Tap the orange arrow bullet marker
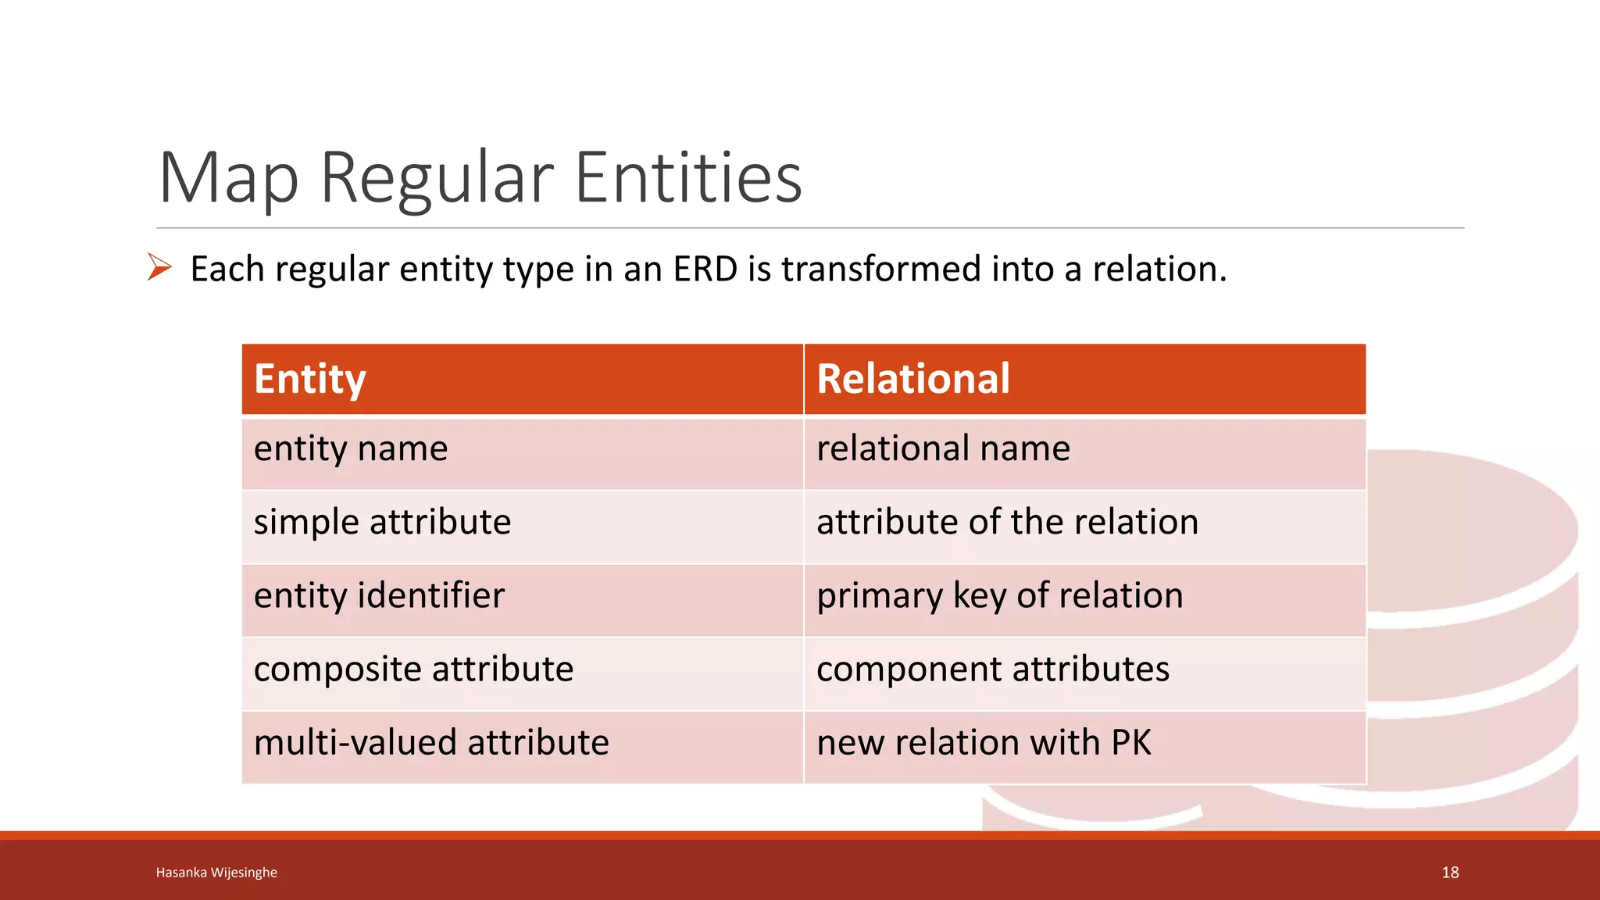[x=159, y=267]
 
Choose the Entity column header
[x=310, y=380]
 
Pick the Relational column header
[x=912, y=380]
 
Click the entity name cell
[x=351, y=449]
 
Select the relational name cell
[x=943, y=449]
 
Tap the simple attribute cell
[x=382, y=523]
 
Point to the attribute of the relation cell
[x=1007, y=523]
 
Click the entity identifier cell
[x=379, y=596]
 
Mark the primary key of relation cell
[x=999, y=596]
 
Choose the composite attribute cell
[x=413, y=670]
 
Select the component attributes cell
[x=992, y=670]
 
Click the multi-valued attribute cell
[x=431, y=743]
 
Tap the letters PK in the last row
[x=1130, y=743]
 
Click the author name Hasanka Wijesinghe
[x=216, y=873]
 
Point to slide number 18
[x=1450, y=873]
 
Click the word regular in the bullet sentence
[x=331, y=270]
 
